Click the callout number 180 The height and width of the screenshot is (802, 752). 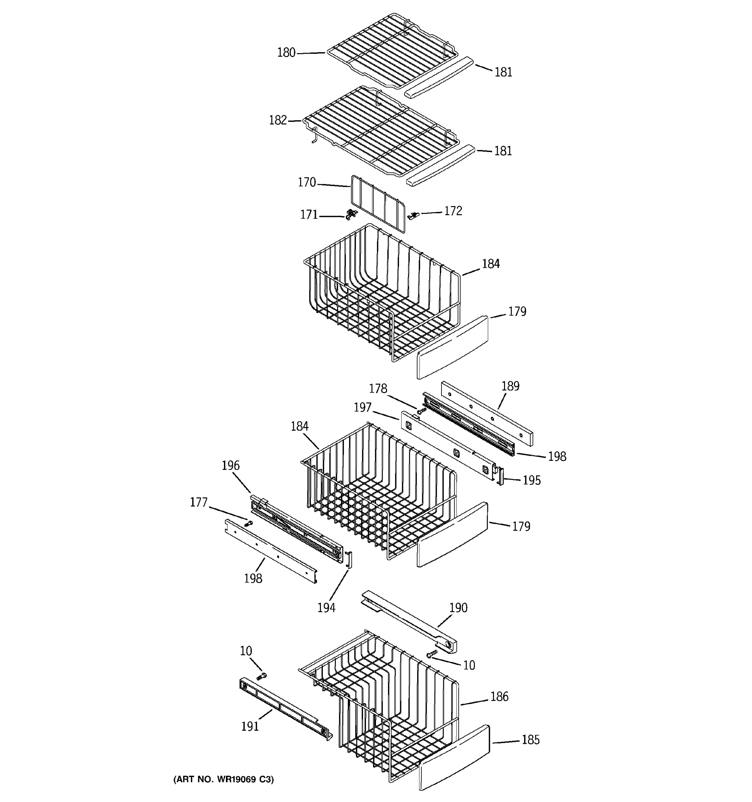[x=286, y=53]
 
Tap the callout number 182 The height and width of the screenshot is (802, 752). [x=278, y=120]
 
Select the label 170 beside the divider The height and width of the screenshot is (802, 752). [x=306, y=183]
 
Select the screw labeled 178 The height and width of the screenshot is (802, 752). [x=421, y=411]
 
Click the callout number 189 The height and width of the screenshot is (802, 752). [x=510, y=386]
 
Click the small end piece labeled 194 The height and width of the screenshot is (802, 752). [x=349, y=559]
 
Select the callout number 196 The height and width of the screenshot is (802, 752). [x=230, y=465]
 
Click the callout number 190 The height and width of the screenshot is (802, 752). [x=458, y=608]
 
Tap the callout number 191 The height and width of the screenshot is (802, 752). [x=250, y=726]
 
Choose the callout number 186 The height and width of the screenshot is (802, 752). [x=499, y=696]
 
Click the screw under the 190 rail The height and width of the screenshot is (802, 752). [x=432, y=654]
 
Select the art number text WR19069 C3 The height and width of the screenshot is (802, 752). [x=224, y=779]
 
